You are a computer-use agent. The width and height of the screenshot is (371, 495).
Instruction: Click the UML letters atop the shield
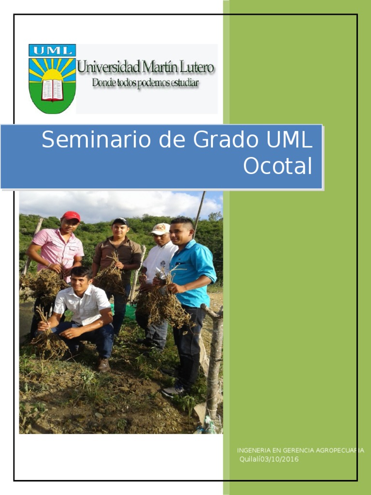[x=52, y=50]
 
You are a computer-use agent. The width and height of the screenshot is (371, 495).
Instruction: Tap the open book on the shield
[x=52, y=90]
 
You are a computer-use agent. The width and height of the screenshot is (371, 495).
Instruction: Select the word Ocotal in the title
[x=278, y=166]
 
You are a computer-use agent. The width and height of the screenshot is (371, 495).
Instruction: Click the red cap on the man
[x=71, y=216]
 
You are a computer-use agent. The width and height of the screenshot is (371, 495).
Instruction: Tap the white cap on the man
[x=160, y=228]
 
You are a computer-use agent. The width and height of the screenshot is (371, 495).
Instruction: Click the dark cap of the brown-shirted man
[x=119, y=221]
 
